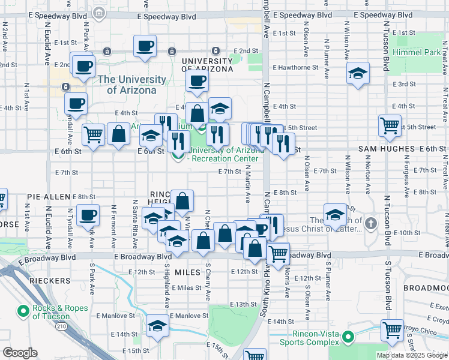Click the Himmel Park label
[416, 52]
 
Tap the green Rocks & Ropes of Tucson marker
[23, 311]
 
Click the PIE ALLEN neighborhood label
[49, 197]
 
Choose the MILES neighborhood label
[187, 272]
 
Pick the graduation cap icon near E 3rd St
[358, 73]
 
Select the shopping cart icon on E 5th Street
[390, 125]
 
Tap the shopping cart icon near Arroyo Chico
[391, 329]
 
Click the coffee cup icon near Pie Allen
[88, 214]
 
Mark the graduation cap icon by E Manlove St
[157, 325]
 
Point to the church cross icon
[371, 224]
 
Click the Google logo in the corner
[20, 353]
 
